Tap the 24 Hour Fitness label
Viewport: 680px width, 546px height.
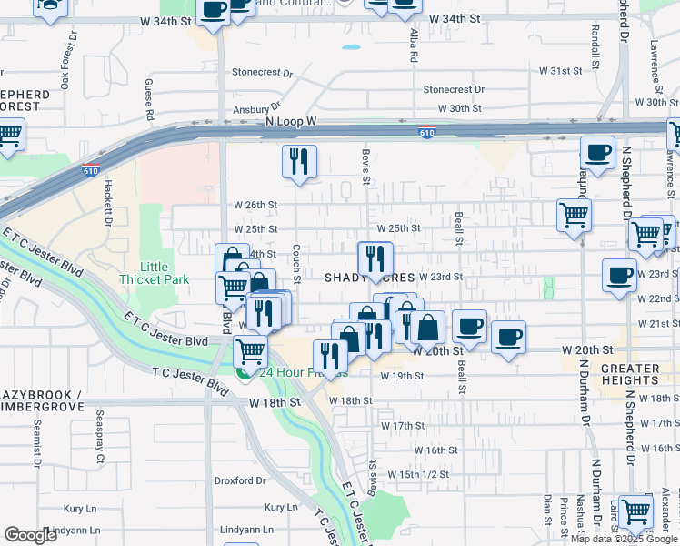pyautogui.click(x=291, y=373)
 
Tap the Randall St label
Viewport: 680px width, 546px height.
pyautogui.click(x=595, y=47)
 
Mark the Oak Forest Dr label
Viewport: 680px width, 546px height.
pyautogui.click(x=65, y=68)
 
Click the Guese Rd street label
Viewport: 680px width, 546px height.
pyautogui.click(x=148, y=99)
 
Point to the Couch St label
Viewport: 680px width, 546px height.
pyautogui.click(x=297, y=263)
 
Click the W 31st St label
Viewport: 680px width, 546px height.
pyautogui.click(x=560, y=70)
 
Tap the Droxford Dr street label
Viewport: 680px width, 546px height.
pyautogui.click(x=239, y=480)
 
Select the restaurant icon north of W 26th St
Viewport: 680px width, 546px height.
pyautogui.click(x=299, y=163)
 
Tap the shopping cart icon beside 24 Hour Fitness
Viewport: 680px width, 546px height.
pyautogui.click(x=250, y=349)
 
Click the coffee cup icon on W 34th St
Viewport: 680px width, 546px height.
pyautogui.click(x=214, y=11)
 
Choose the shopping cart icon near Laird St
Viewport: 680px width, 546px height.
pyautogui.click(x=635, y=511)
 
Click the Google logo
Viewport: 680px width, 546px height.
pyautogui.click(x=31, y=535)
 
